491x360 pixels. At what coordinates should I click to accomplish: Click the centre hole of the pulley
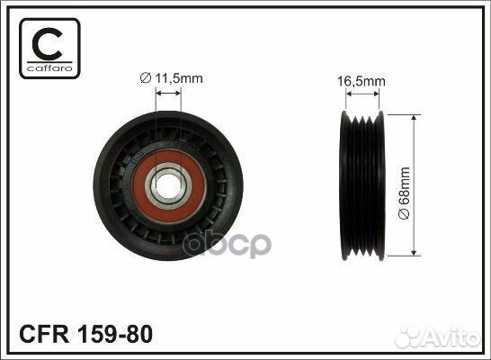168,186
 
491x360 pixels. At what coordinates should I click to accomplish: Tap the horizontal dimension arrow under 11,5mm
168,96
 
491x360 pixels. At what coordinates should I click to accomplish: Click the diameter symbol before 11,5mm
147,77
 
